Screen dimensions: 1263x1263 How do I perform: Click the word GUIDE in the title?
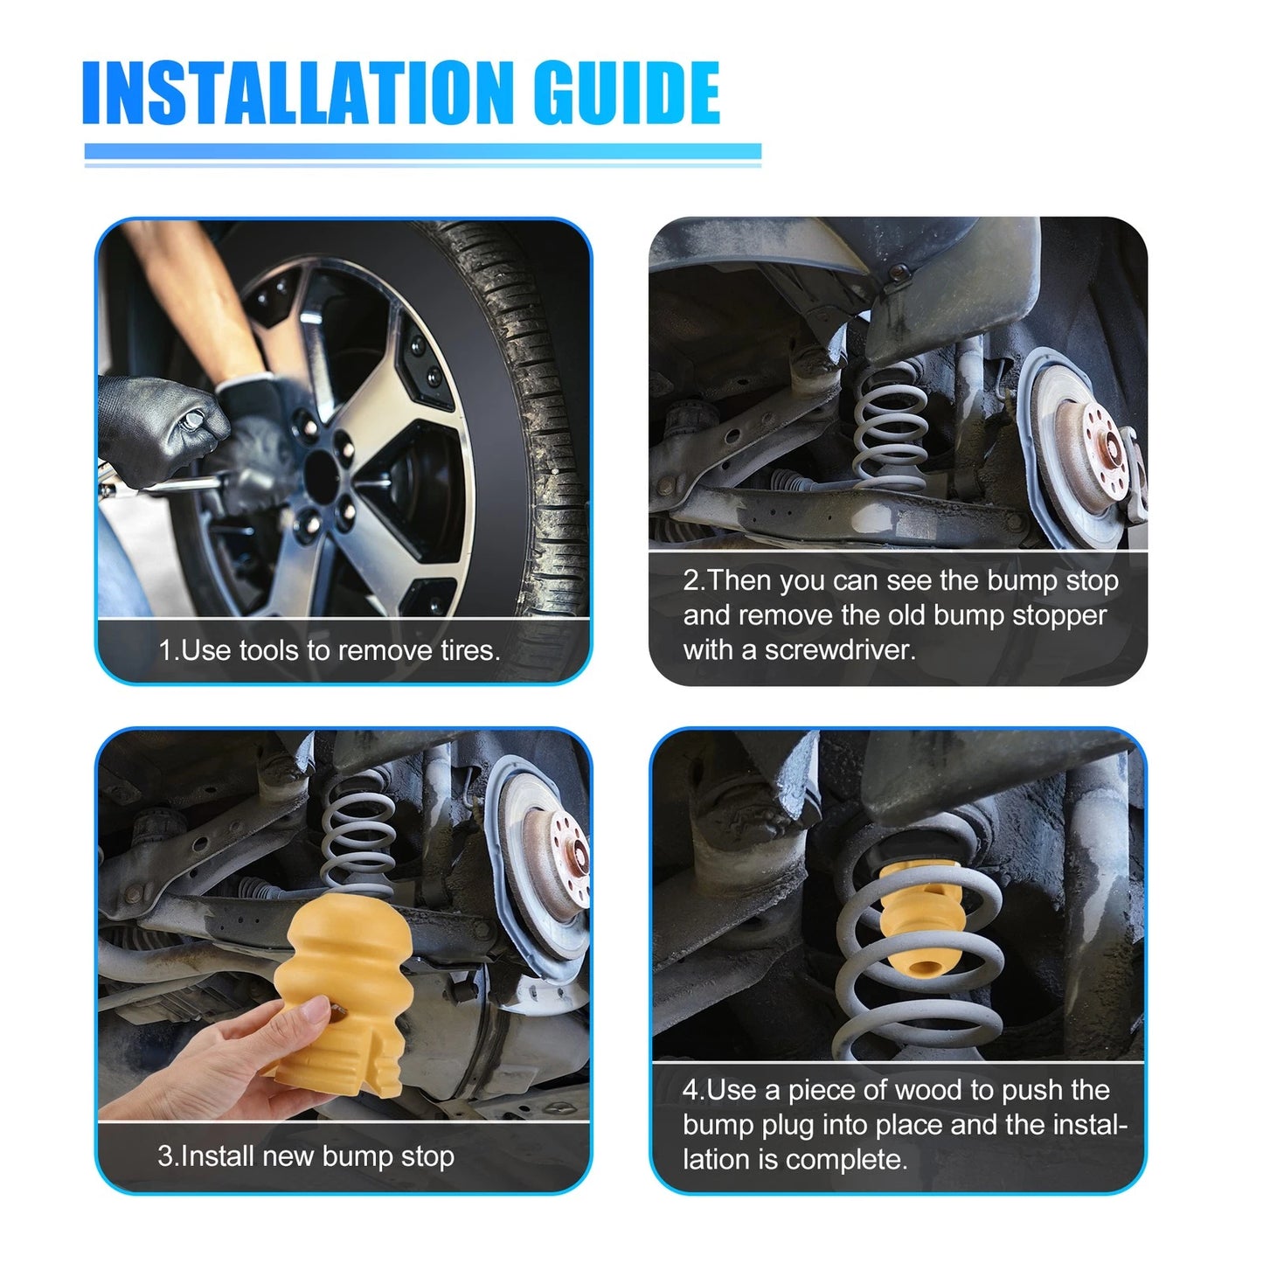point(628,93)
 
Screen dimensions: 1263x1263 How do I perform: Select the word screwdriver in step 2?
point(840,650)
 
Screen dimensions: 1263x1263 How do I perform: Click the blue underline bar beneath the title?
point(423,151)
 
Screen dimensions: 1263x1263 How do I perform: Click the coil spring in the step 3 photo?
point(357,832)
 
